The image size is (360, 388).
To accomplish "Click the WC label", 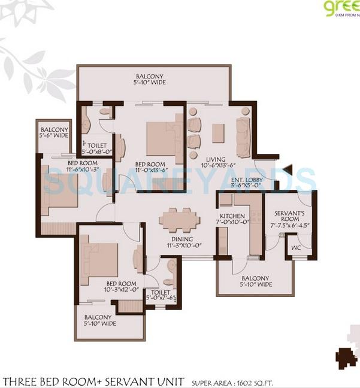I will pyautogui.click(x=295, y=247).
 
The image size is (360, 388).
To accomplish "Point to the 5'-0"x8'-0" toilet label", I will pyautogui.click(x=97, y=148).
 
